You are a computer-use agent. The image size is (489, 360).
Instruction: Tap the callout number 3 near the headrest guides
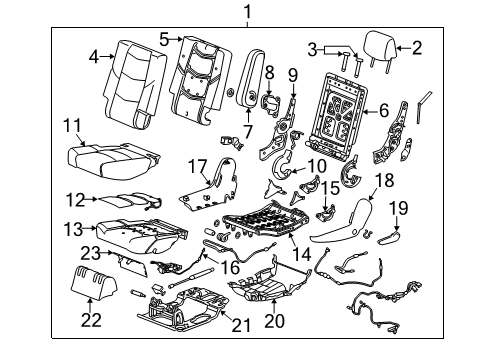click(x=314, y=49)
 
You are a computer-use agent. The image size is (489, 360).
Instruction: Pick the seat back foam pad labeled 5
click(x=203, y=72)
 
